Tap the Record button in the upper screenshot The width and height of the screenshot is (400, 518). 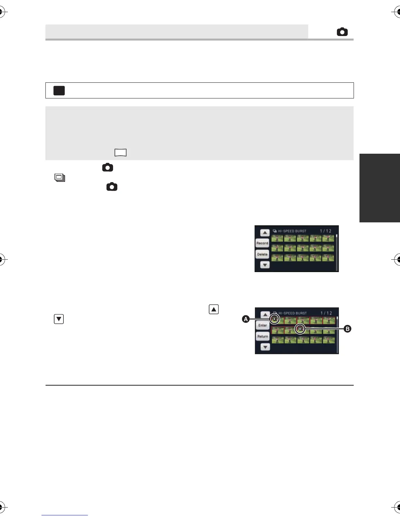262,243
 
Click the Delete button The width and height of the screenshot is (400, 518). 262,254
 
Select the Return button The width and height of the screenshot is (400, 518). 262,336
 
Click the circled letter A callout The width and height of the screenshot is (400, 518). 246,319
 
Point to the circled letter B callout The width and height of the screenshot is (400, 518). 347,329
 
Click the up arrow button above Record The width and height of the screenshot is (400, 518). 265,233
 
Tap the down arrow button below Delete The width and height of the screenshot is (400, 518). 265,265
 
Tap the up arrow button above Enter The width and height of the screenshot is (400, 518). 265,315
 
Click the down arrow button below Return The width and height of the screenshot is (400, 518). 265,347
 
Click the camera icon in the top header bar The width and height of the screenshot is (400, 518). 342,32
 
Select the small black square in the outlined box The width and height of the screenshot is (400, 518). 59,91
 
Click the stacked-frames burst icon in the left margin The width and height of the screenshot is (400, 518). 60,178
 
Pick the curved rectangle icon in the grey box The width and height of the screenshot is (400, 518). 121,152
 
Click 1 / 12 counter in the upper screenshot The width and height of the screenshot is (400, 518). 325,231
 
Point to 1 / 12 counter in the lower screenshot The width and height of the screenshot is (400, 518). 326,313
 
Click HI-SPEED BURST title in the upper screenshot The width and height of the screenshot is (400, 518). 292,231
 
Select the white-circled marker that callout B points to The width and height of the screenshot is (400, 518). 300,329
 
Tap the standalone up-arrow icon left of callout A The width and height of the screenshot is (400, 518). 214,309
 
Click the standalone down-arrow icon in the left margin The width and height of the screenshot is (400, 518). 59,319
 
